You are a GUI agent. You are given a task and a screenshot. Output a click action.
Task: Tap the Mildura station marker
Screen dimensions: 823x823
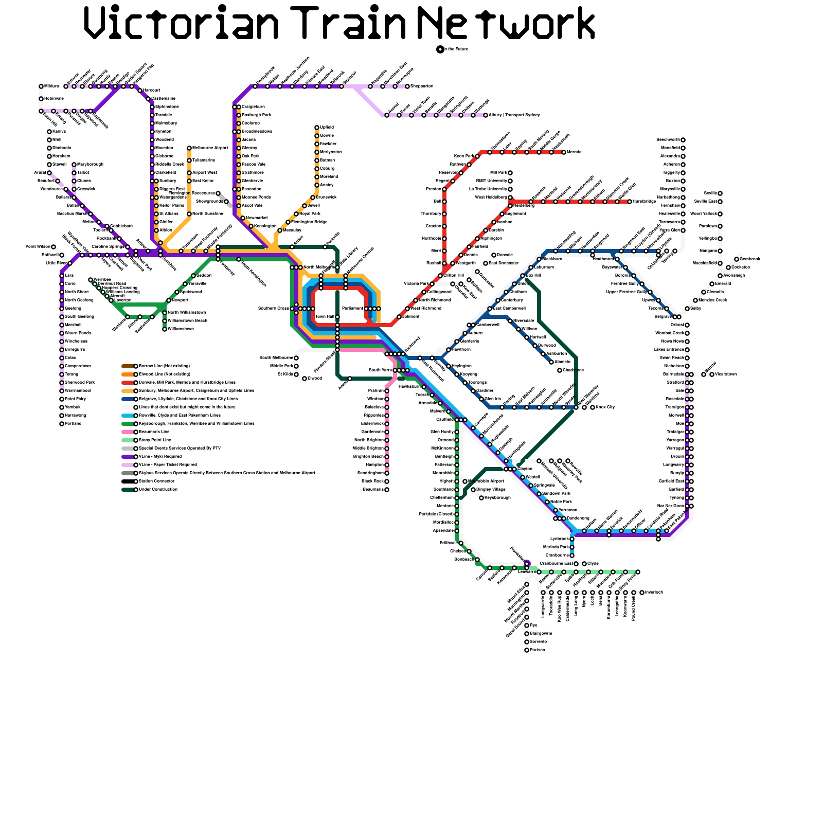coord(41,86)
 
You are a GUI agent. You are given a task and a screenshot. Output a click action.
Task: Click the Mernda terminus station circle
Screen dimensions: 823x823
coord(564,152)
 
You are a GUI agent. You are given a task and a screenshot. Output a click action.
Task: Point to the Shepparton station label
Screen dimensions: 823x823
coord(422,86)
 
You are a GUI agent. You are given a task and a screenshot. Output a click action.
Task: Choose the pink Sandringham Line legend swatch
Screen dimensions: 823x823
coord(128,432)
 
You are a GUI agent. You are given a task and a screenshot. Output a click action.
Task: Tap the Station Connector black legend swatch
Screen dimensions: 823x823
coord(128,481)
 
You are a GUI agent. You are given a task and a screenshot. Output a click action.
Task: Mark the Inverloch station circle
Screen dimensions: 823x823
coord(642,593)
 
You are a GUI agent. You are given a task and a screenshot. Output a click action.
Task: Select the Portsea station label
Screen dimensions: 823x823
coord(537,650)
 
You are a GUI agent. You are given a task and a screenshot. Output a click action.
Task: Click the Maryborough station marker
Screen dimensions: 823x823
coord(74,165)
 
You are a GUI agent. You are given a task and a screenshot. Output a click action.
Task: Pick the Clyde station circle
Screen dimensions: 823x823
coord(584,564)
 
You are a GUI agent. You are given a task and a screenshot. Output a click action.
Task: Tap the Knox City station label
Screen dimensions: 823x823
coord(605,407)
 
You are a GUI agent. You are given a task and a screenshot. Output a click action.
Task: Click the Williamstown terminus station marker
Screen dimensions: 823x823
coord(165,329)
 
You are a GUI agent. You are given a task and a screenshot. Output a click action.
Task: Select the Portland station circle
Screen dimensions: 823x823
coord(62,424)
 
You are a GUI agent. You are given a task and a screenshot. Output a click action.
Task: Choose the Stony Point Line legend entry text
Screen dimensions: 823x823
coord(155,440)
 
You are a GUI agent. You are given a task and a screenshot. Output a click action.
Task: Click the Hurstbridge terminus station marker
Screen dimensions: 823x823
coord(630,202)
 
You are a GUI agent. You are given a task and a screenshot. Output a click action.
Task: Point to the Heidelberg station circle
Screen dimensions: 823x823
coord(510,206)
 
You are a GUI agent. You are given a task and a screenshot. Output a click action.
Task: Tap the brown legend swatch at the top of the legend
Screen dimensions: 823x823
coord(128,366)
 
